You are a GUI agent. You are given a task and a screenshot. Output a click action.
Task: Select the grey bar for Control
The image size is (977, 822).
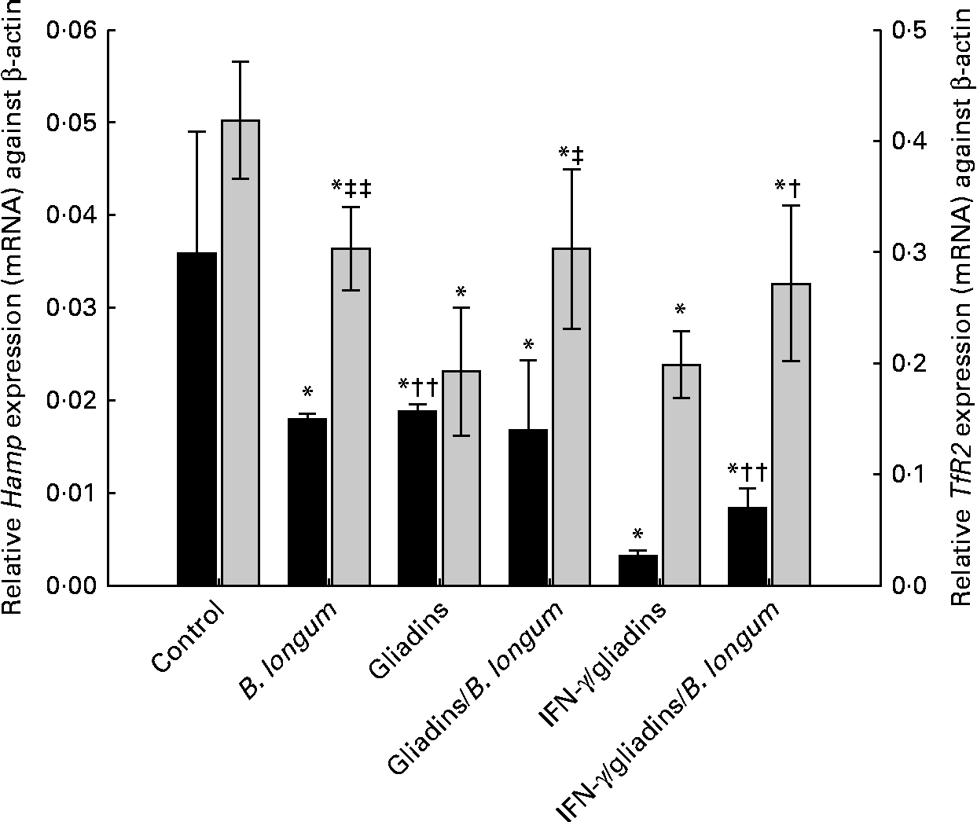click(x=241, y=353)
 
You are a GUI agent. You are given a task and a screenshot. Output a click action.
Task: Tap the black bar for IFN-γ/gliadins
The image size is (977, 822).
click(x=637, y=570)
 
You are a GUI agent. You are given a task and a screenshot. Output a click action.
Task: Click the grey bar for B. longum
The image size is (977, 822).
click(x=351, y=417)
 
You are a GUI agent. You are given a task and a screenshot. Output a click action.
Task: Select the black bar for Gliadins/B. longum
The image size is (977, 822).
click(x=528, y=507)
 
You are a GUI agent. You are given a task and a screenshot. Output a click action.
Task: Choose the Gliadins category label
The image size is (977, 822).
click(x=408, y=635)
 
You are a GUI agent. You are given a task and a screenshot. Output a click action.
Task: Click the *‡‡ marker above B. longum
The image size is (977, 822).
click(x=351, y=188)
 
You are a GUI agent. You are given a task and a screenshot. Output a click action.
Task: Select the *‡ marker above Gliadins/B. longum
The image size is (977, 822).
click(x=571, y=152)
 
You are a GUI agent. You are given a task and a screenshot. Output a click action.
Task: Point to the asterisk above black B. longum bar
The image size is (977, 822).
click(x=307, y=391)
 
